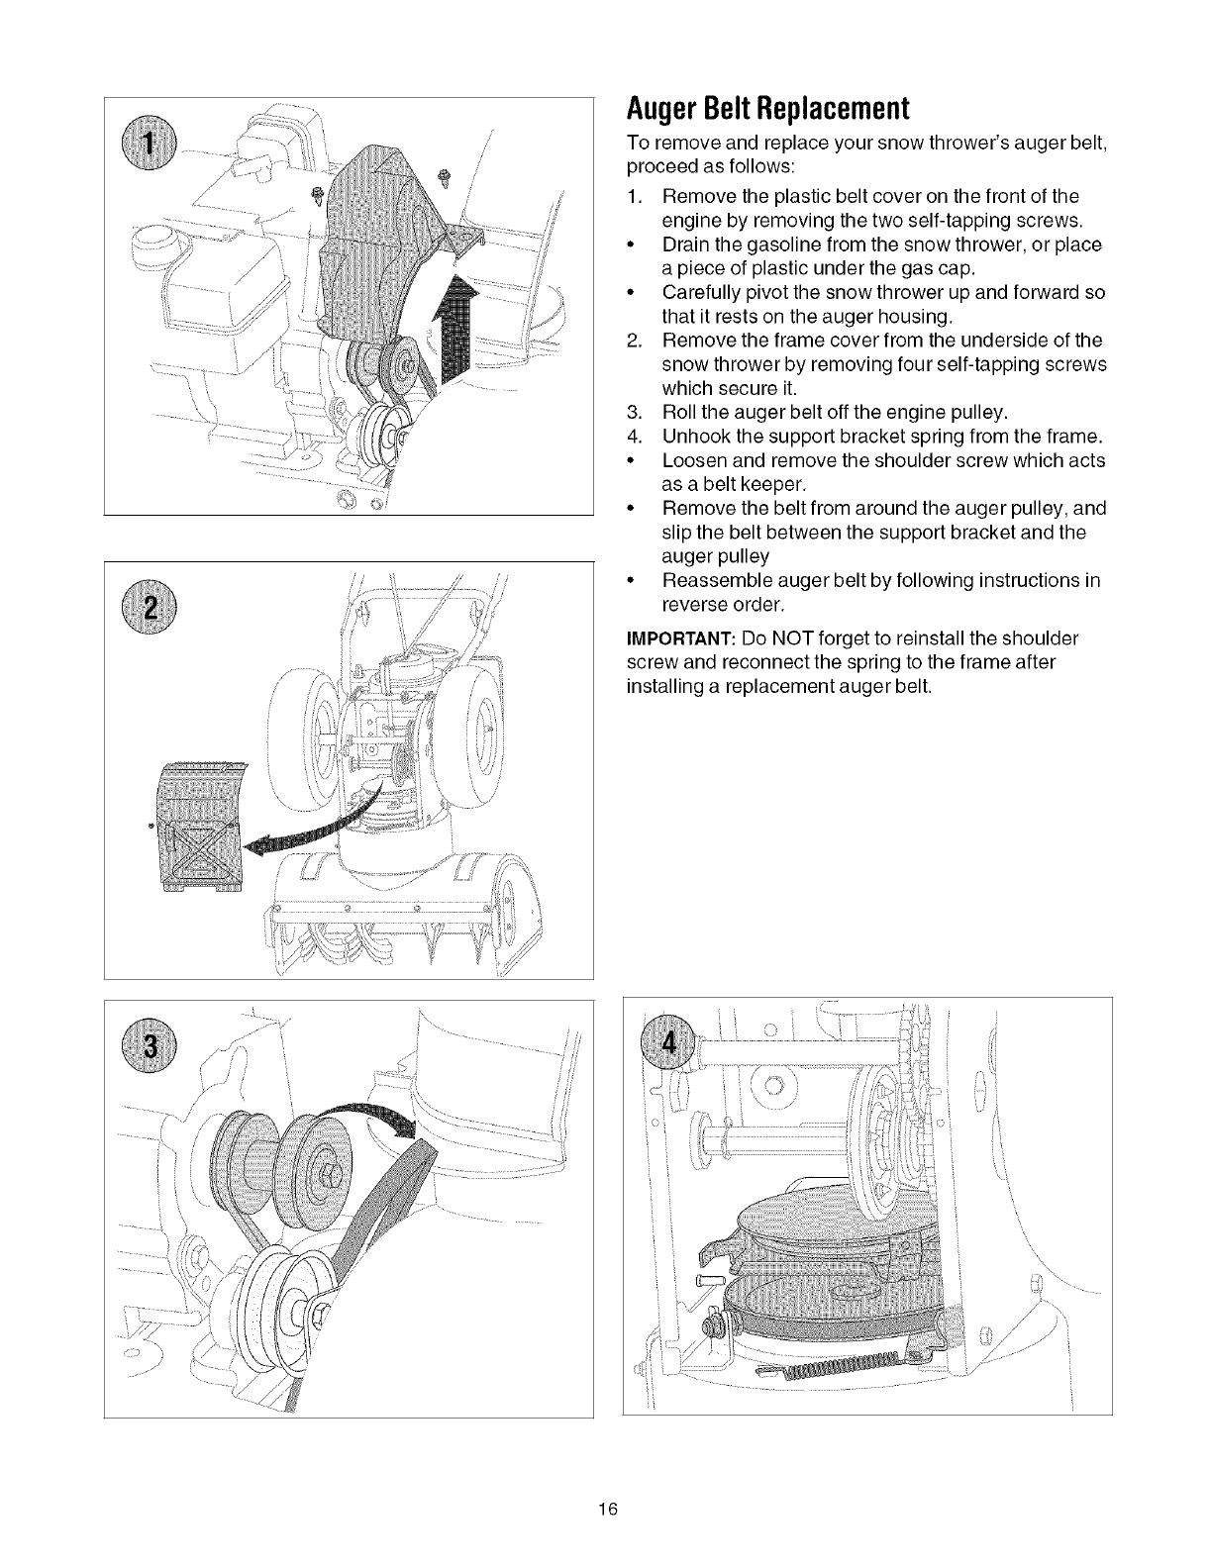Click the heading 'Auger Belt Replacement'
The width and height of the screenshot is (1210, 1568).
[767, 107]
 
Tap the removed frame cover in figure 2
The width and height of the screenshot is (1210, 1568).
[200, 826]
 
